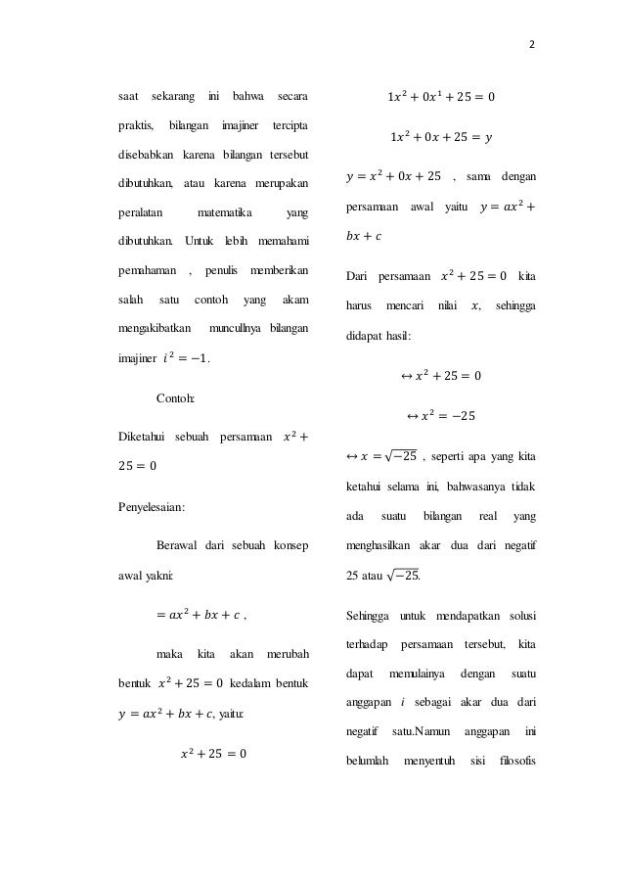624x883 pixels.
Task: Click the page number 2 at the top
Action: point(532,44)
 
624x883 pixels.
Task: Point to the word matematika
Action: point(224,212)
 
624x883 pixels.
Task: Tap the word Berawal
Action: point(179,543)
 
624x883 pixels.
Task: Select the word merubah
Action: point(287,652)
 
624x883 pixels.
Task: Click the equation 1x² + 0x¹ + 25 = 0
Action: point(441,98)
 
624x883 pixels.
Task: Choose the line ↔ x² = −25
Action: point(440,416)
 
